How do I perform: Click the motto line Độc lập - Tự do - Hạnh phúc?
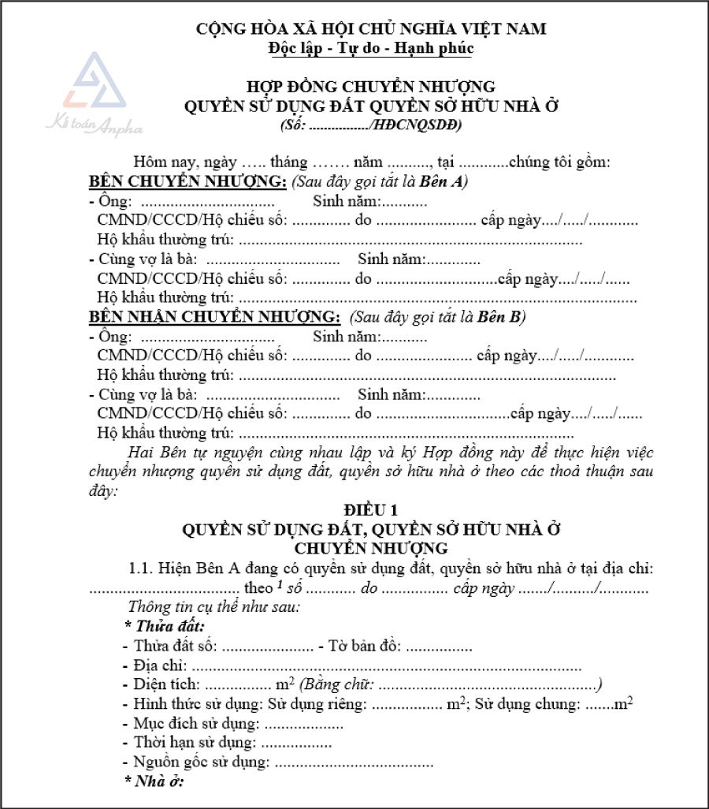coord(370,48)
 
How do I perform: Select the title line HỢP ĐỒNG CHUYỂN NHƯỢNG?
coord(370,87)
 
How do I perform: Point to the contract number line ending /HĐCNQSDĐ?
coord(370,125)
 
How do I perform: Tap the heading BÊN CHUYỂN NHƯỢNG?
coord(187,182)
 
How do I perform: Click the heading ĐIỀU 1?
coord(370,510)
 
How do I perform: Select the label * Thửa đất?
coord(165,627)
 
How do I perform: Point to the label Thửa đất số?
coord(175,647)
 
